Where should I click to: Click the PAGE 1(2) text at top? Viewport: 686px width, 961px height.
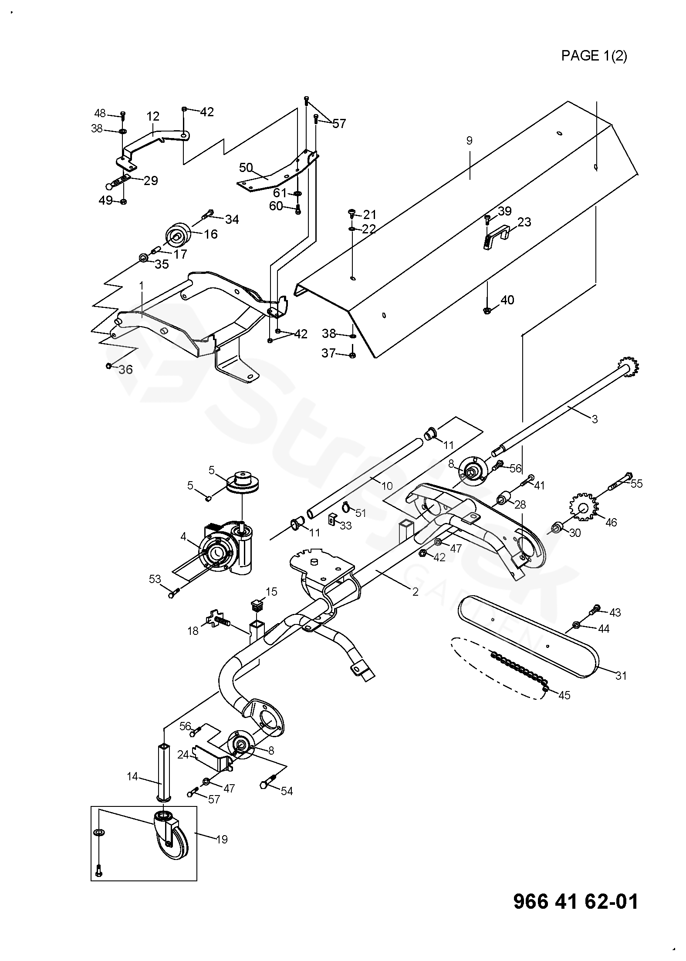[x=594, y=56]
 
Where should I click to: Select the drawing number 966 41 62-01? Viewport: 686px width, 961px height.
[x=576, y=901]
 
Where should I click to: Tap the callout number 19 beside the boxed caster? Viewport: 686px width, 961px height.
[x=222, y=839]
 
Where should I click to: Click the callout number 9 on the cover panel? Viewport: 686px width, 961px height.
[x=469, y=141]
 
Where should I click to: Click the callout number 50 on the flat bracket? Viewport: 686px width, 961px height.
[x=246, y=168]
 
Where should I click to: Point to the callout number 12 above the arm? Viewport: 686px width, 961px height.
[x=153, y=117]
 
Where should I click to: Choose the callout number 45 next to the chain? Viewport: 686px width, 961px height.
[x=564, y=695]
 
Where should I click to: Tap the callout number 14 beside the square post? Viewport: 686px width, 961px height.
[x=132, y=776]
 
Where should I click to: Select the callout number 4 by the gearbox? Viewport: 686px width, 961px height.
[x=183, y=537]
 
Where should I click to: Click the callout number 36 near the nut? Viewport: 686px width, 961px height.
[x=125, y=370]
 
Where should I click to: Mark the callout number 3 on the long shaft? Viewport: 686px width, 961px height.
[x=595, y=419]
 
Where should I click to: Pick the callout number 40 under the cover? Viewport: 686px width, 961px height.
[x=507, y=300]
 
